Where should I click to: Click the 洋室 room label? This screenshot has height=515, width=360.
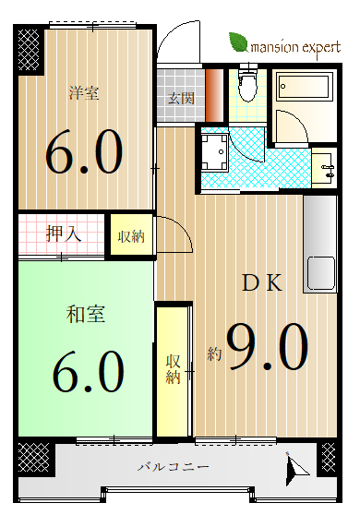pos(84,92)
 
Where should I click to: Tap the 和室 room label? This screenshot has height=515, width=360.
pos(86,314)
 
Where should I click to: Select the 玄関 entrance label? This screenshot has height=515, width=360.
pos(181,98)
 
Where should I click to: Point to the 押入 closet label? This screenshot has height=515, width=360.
pos(64,234)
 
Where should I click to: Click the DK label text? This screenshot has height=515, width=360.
pos(262,282)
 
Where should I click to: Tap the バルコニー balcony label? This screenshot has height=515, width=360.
pos(174,466)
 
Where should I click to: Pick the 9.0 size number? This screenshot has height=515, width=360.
pos(268,347)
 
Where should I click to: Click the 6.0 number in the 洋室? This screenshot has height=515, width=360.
pos(84,151)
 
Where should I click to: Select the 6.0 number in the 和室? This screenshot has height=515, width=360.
pos(89,371)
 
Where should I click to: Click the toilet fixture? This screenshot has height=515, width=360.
pos(247,84)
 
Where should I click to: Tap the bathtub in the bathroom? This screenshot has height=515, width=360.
pos(303,87)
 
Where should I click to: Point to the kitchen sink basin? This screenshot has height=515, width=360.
pos(320,272)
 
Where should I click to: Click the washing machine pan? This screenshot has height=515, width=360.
pos(214,152)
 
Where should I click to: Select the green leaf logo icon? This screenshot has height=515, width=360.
pos(239,42)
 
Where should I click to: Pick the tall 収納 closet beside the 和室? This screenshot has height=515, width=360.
pos(173,371)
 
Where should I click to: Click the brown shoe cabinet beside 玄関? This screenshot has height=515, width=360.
pos(214,95)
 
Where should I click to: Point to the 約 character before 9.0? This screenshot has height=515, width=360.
pos(214,353)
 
